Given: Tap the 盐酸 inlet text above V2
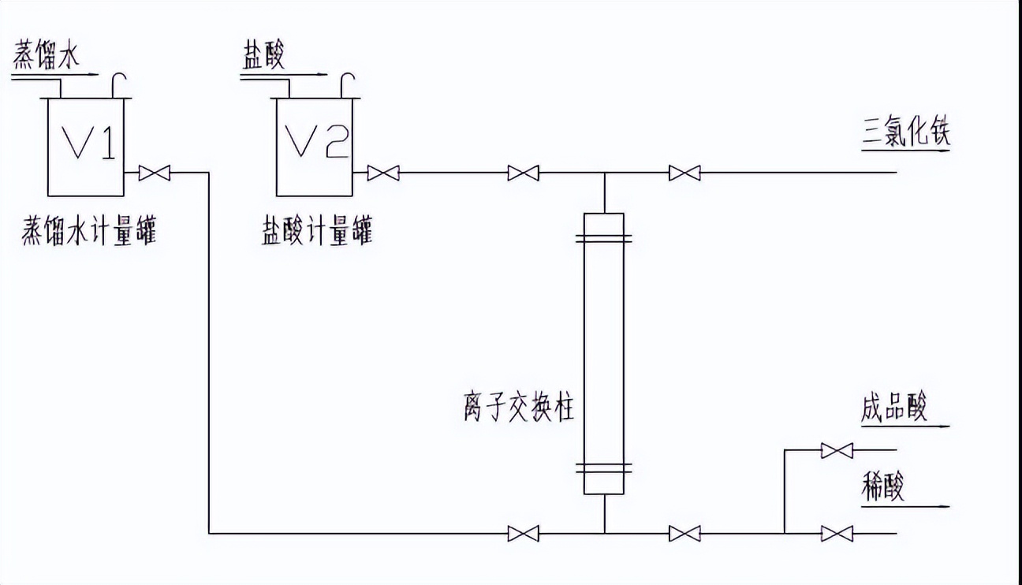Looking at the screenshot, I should [262, 58].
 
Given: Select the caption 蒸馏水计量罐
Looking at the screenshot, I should [89, 233].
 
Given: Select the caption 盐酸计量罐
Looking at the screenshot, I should [317, 233].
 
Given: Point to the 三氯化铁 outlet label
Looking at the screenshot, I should [905, 132].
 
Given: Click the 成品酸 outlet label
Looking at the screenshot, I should [893, 408].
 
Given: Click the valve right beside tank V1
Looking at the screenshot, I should [154, 173].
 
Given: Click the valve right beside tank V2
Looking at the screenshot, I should [383, 173].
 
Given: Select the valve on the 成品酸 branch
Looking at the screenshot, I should [836, 451].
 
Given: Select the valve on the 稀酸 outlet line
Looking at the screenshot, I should [836, 534].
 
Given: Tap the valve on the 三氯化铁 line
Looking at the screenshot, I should [684, 173].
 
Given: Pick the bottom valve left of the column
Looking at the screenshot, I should [523, 534].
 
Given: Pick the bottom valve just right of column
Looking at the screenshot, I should [684, 534].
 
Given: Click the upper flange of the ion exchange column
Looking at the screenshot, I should [603, 237].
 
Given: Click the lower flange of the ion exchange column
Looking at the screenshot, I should [603, 468].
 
